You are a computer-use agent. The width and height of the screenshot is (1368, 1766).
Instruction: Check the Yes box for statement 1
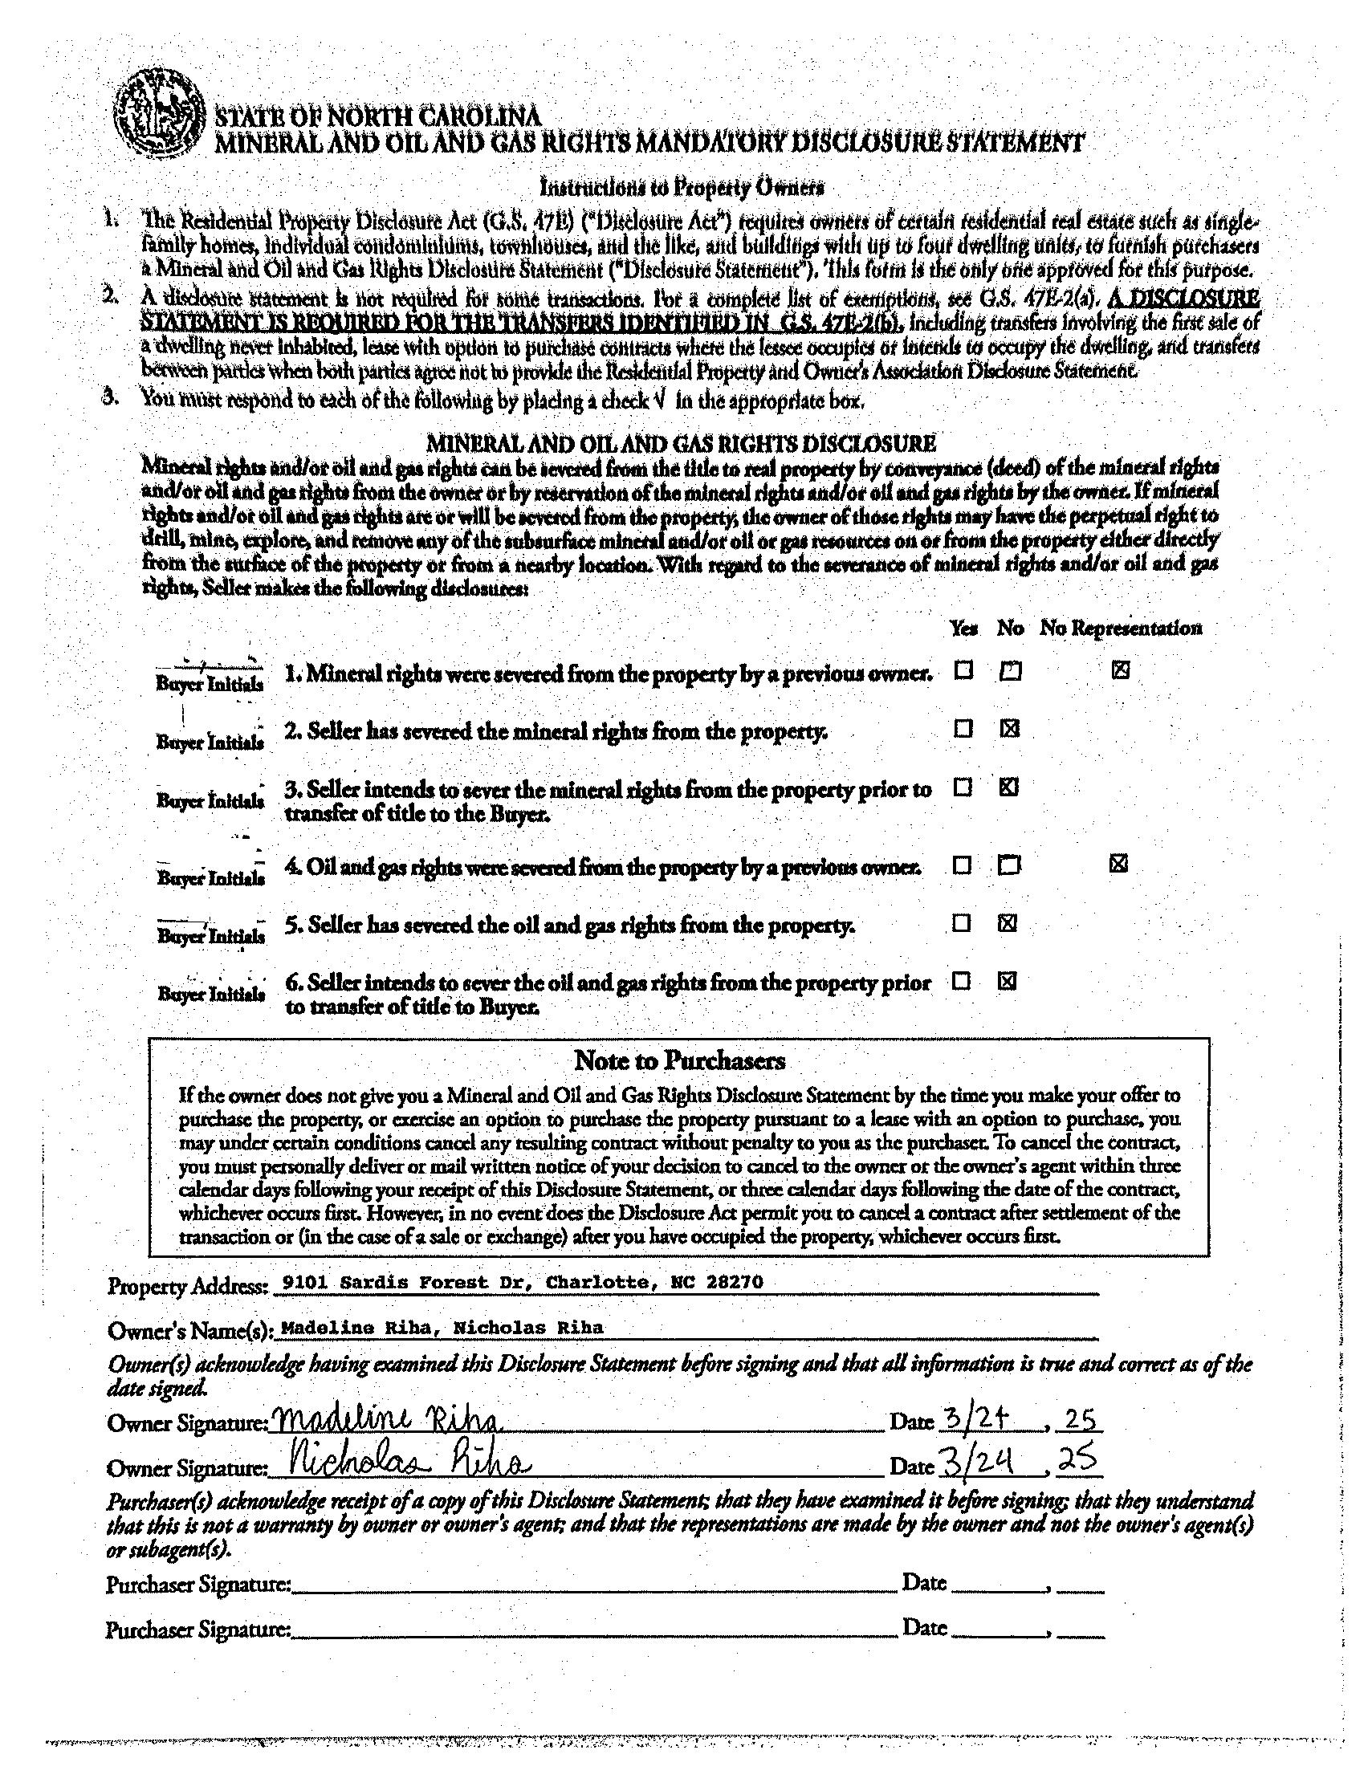pos(963,670)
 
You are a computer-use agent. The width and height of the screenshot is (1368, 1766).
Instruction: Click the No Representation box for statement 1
pos(1120,669)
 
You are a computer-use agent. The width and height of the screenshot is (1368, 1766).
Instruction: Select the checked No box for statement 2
pos(1008,729)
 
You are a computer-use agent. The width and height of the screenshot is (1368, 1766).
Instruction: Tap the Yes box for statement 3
pos(962,787)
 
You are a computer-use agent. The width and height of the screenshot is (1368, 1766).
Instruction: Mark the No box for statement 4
pos(1008,866)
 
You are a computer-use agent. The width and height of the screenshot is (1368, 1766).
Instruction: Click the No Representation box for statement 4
pos(1118,865)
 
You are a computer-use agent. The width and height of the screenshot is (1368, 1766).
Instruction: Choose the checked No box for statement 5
pos(1008,923)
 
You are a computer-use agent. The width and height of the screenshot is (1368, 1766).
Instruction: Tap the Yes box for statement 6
pos(961,982)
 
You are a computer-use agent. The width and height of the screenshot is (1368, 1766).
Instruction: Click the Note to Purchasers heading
pos(679,1060)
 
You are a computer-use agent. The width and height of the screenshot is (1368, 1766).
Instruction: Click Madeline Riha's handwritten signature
pos(388,1422)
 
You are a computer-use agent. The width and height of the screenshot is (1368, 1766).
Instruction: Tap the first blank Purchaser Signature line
pos(594,1585)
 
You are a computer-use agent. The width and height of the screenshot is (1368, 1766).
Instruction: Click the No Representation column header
pos(1121,629)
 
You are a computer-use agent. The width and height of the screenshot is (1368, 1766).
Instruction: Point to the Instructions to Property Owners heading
pos(682,188)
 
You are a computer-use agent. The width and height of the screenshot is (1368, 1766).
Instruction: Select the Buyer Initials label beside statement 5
pos(210,936)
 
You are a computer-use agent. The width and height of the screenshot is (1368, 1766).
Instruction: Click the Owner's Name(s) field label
pos(191,1331)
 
